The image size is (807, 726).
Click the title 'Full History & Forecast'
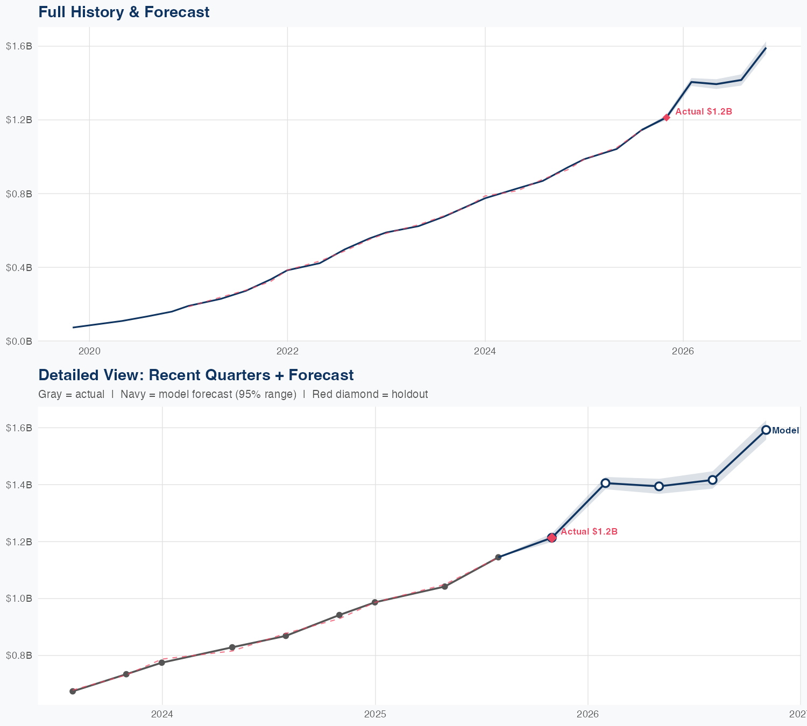click(124, 12)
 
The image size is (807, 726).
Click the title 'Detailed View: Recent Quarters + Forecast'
click(196, 375)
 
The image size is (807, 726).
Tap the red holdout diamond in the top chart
click(666, 117)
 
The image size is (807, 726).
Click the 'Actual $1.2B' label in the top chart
click(703, 112)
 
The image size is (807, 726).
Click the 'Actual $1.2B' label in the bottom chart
click(589, 532)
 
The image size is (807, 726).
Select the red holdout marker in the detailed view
click(551, 538)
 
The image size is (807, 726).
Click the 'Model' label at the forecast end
click(785, 431)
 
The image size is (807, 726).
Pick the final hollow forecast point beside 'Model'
click(766, 430)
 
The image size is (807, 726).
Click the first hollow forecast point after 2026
click(605, 483)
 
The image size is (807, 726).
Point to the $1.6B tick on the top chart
click(19, 46)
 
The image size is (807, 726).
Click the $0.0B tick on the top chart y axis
click(19, 341)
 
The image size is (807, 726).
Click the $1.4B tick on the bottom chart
click(19, 485)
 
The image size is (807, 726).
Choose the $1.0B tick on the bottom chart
click(19, 599)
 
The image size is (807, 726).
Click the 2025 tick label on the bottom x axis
click(375, 715)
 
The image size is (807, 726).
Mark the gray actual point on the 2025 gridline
click(375, 602)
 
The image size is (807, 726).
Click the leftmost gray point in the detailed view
click(73, 691)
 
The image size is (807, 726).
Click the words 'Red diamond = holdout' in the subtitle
click(370, 394)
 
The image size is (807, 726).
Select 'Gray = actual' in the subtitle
click(72, 394)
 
